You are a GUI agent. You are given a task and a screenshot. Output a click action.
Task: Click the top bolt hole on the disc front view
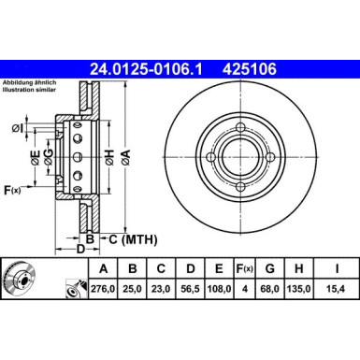tap(241, 128)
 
